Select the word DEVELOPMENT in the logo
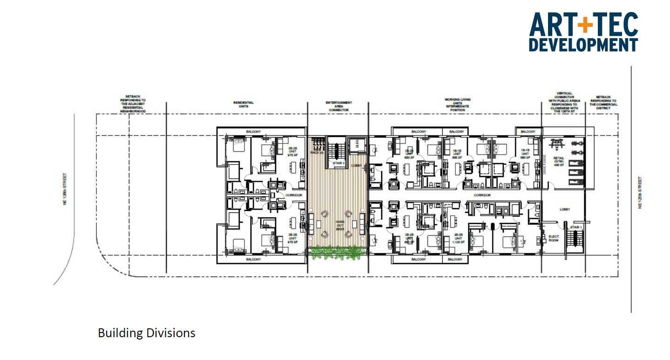point(583,45)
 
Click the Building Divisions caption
point(146,333)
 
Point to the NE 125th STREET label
point(640,192)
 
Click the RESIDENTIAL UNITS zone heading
point(244,104)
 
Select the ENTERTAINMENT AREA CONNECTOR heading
point(338,106)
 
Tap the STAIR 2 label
point(337,163)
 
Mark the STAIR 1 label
point(576,227)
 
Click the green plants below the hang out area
point(337,253)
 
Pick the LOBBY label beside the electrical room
point(565,210)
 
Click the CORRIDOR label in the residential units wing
point(294,195)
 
